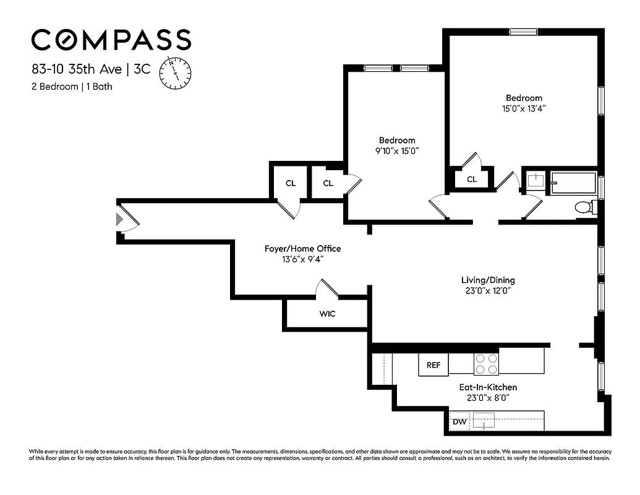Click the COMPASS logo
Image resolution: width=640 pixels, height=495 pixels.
coord(111,40)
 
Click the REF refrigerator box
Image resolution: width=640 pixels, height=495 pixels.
coord(433,365)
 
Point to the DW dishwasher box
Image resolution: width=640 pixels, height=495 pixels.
coord(459,422)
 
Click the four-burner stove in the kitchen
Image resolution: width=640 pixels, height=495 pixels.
coord(486,364)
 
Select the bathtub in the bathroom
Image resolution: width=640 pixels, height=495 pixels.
coord(573,183)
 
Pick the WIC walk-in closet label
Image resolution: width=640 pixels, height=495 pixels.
coord(327,314)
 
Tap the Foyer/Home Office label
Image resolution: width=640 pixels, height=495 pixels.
coord(302,249)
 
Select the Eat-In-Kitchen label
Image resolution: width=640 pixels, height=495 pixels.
coord(488,387)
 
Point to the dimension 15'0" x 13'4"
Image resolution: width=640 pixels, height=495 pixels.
coord(524,108)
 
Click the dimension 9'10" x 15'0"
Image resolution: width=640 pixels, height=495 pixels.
coord(397,151)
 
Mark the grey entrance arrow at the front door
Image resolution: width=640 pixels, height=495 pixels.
coord(119,219)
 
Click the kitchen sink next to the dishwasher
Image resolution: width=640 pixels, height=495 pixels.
coord(486,421)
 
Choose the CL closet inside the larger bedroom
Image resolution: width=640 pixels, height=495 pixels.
coord(471,179)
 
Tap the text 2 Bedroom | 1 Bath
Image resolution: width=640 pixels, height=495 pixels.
coord(72,87)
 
